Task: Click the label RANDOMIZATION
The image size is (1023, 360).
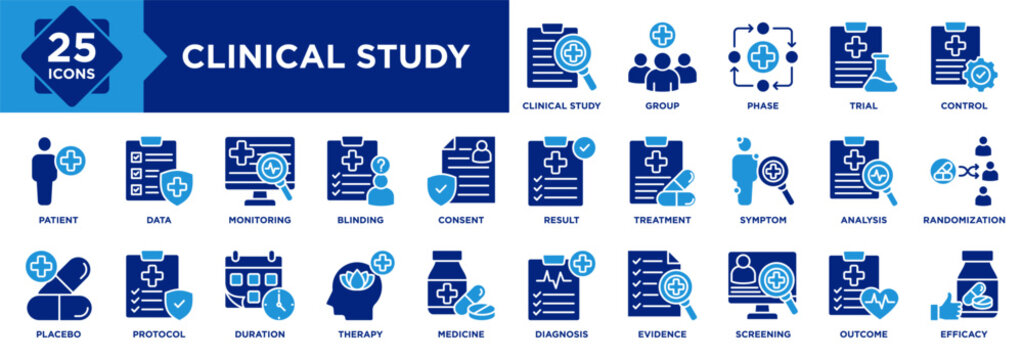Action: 963,220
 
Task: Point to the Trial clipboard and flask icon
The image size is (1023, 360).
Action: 862,57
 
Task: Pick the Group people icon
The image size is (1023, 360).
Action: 661,62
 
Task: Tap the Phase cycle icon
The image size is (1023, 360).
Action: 762,57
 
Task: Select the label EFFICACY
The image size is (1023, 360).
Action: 963,334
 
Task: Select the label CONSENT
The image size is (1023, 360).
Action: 460,220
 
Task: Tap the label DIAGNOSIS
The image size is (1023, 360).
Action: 561,334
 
